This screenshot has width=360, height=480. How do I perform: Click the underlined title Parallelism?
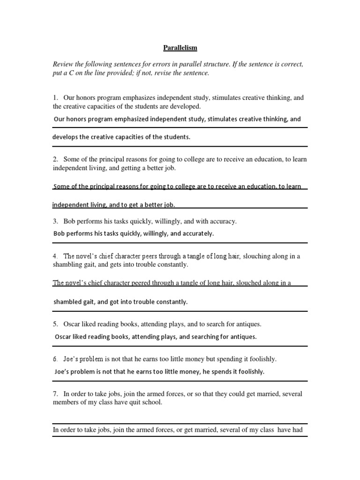click(180, 48)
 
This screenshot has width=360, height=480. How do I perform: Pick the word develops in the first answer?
click(65, 137)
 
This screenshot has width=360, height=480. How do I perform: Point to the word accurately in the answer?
click(197, 233)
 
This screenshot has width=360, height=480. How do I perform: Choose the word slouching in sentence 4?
click(258, 256)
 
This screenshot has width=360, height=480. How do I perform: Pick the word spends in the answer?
click(222, 372)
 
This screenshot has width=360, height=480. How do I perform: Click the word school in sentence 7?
click(153, 403)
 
